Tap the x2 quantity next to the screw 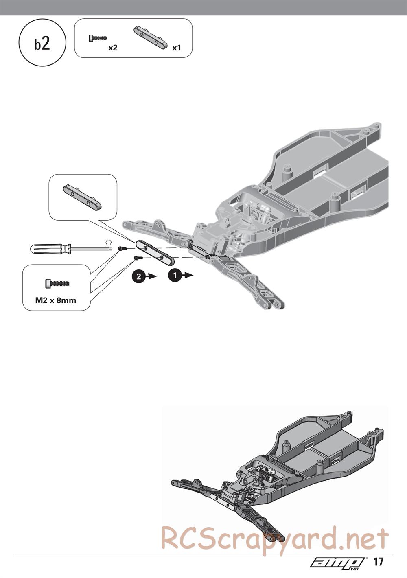point(113,48)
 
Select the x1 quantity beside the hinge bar point(177,48)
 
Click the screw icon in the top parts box point(98,38)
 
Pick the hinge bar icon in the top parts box point(151,38)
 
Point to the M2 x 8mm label point(56,300)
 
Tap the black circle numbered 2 point(139,277)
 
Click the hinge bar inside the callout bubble point(82,196)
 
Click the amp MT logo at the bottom point(339,569)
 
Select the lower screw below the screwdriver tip point(137,257)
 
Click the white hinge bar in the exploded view point(155,253)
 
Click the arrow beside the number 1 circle point(188,275)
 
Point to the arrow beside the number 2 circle point(151,276)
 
